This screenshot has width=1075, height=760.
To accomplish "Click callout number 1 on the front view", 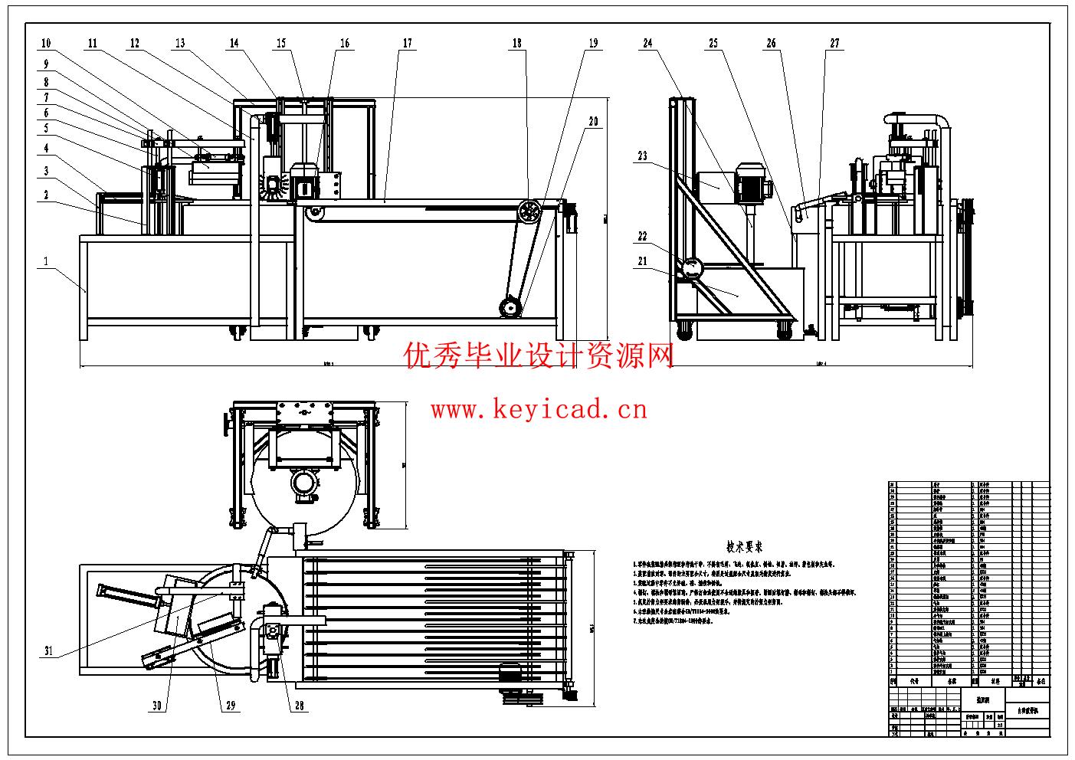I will tap(46, 261).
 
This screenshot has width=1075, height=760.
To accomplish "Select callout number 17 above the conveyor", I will tap(407, 44).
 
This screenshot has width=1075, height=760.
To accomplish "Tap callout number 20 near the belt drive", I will tap(593, 121).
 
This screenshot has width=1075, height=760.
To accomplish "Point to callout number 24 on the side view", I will tap(647, 44).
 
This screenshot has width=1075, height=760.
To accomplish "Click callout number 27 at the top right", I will tap(834, 44).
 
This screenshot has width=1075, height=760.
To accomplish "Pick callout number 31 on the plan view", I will tap(48, 652).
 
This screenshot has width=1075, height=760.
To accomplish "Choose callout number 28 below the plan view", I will tap(300, 706).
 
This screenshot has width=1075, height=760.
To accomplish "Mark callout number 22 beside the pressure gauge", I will tap(642, 236).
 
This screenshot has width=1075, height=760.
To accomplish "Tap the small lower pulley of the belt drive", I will tap(510, 307).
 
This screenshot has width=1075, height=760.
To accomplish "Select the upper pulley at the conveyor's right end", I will tap(528, 210).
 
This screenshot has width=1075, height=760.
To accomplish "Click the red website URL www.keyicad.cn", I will tap(539, 410).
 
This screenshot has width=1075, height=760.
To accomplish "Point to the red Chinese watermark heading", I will tap(539, 355).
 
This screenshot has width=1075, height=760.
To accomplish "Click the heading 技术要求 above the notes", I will tap(744, 547).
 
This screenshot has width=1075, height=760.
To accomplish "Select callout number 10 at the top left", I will tap(46, 44).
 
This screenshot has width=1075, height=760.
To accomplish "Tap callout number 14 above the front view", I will tap(234, 44).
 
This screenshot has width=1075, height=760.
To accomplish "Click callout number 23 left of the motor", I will tap(642, 156).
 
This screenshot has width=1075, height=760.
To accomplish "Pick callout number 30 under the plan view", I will tap(157, 706).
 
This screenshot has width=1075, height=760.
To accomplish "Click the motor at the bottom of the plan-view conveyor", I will tap(510, 672).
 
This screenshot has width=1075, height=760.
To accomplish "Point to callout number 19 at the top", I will tap(593, 44).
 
